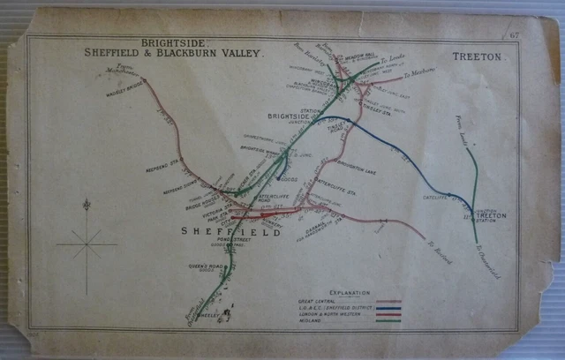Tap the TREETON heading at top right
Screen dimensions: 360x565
[476, 56]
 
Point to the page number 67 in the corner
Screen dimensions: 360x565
[513, 35]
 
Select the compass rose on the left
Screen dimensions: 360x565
[87, 244]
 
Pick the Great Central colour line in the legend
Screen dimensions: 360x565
[388, 302]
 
